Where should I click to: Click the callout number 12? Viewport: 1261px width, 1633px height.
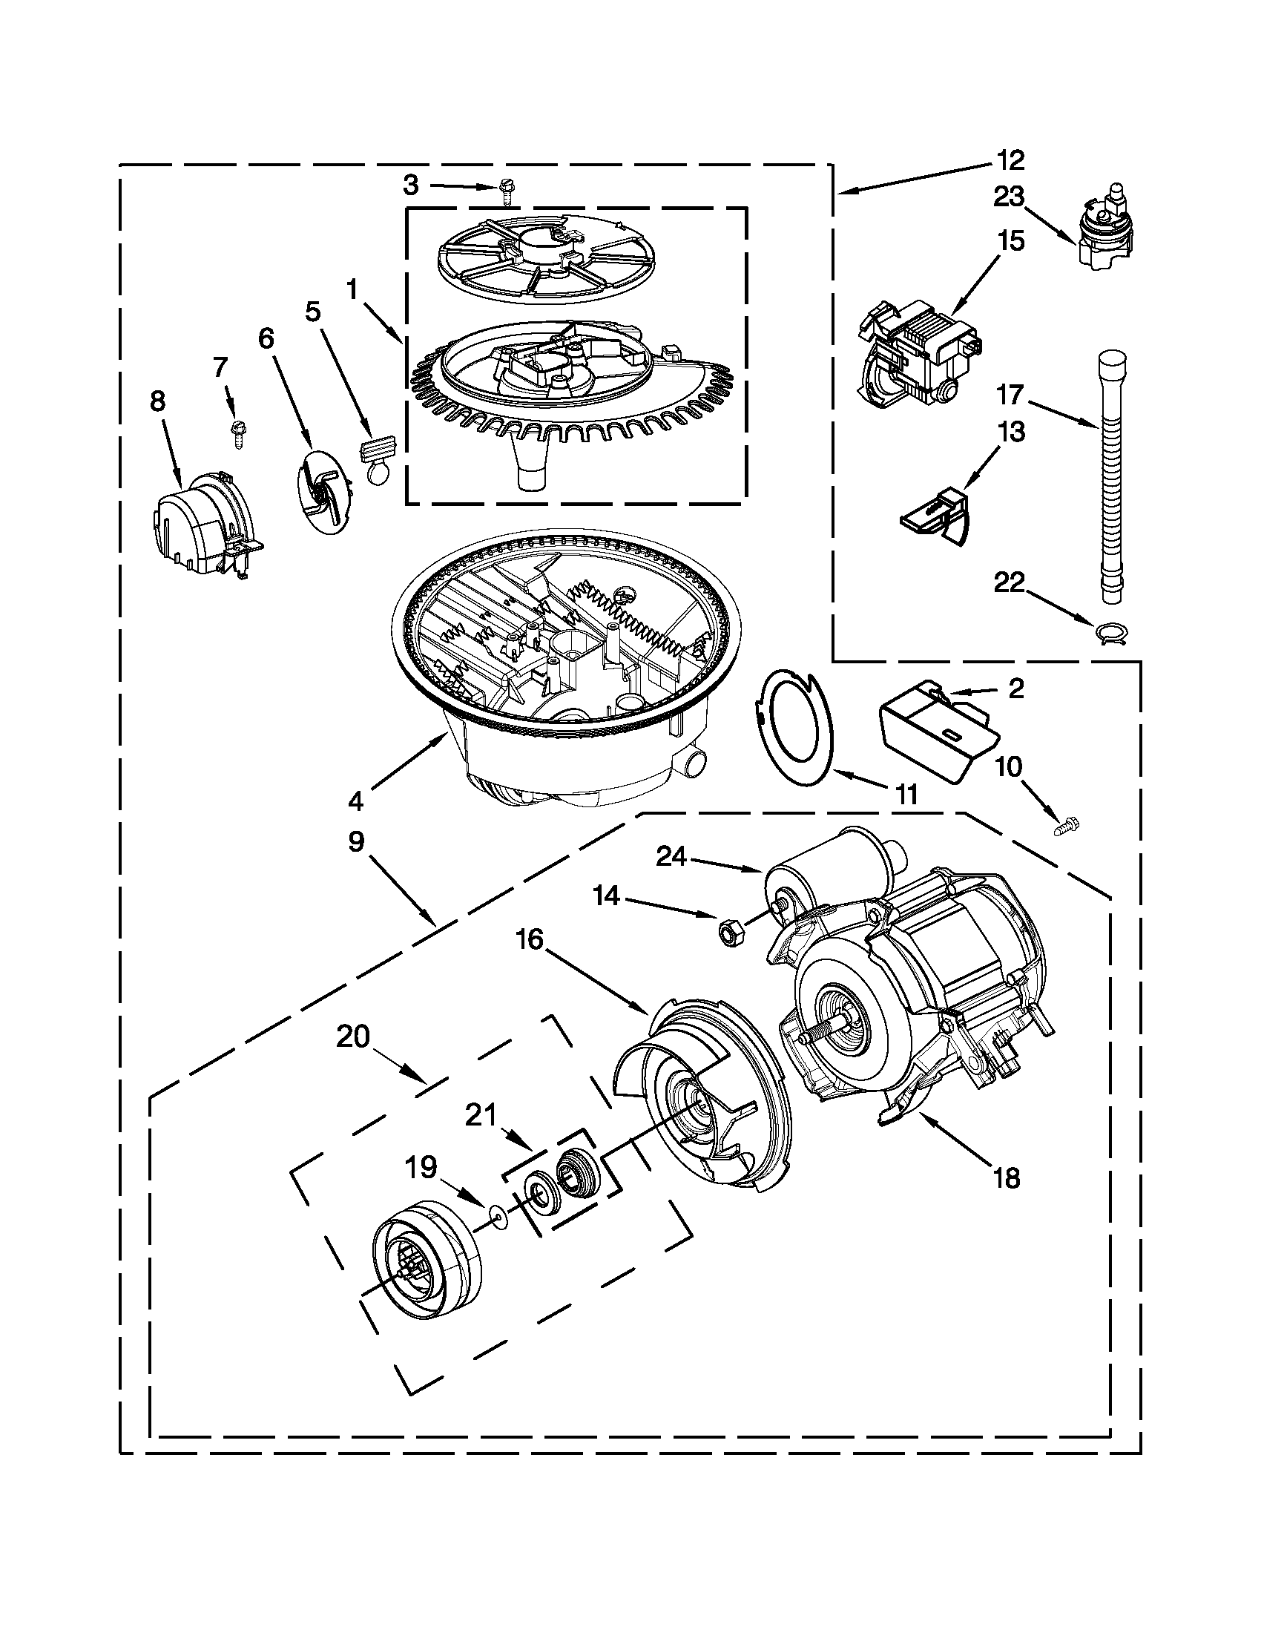(1010, 160)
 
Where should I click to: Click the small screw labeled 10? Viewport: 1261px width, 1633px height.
(1063, 827)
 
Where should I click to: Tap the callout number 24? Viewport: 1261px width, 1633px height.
(671, 857)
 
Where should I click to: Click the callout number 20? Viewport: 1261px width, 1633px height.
(353, 1038)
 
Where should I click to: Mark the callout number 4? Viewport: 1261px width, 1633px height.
(355, 802)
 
